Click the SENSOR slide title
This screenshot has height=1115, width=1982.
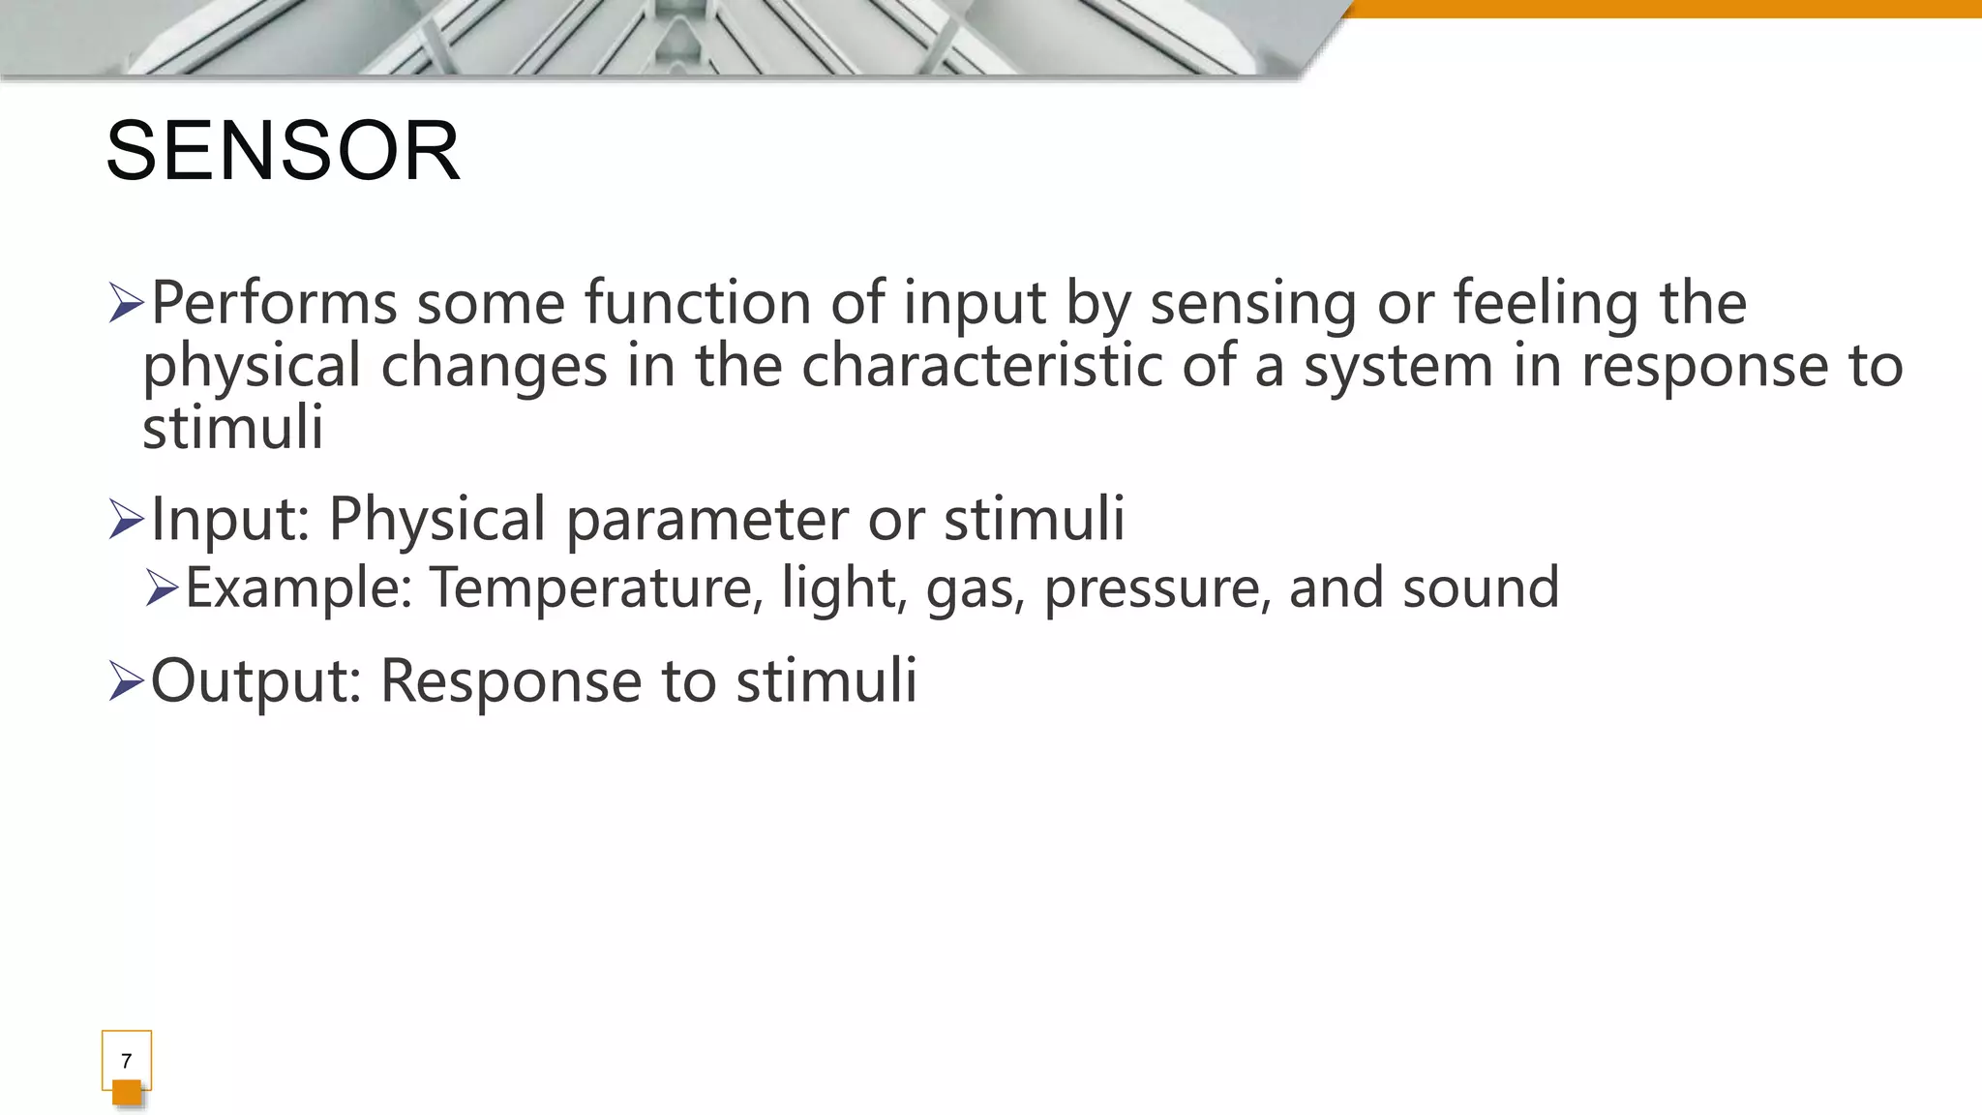[283, 151]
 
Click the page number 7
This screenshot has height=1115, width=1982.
[126, 1061]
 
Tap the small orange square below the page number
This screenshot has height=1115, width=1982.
[127, 1093]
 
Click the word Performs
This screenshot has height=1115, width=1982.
[274, 304]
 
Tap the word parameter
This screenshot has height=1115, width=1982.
[706, 521]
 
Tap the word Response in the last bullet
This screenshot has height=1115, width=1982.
[511, 681]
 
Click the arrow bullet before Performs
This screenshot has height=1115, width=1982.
[127, 303]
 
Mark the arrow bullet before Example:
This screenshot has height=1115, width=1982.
[163, 588]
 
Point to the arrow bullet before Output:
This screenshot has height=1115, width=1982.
[127, 680]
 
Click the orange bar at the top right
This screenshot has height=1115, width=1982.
[1665, 9]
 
